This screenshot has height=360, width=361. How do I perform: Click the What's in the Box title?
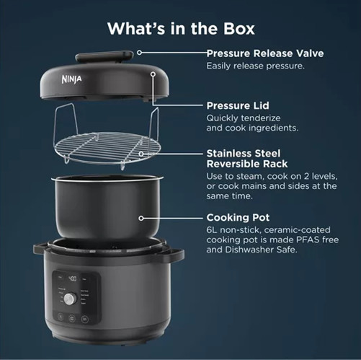point(181,29)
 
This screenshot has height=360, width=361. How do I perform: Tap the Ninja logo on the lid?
point(71,79)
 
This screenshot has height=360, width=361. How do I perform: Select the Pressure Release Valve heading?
point(265,53)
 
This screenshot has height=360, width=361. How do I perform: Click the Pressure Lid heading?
point(238,105)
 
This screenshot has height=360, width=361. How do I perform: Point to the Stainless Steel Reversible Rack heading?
point(247,159)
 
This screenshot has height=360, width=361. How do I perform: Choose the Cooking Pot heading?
point(238,217)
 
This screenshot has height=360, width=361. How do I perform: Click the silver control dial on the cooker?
point(70,299)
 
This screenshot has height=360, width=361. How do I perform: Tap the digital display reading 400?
point(72,278)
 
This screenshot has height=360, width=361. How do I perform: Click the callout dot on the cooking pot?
point(141,218)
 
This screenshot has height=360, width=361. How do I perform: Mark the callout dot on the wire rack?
point(141,154)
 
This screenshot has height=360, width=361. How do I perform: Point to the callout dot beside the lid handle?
point(139,53)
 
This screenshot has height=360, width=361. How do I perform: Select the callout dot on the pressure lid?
point(153,74)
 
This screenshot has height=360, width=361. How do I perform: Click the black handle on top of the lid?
point(104,57)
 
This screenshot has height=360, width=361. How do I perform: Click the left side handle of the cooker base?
point(40,249)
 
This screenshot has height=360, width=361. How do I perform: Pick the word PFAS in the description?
point(308,240)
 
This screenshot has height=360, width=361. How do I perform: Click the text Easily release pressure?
point(255,66)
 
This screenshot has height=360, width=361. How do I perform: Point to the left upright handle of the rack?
point(66,121)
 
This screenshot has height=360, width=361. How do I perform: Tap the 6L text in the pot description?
point(211,230)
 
